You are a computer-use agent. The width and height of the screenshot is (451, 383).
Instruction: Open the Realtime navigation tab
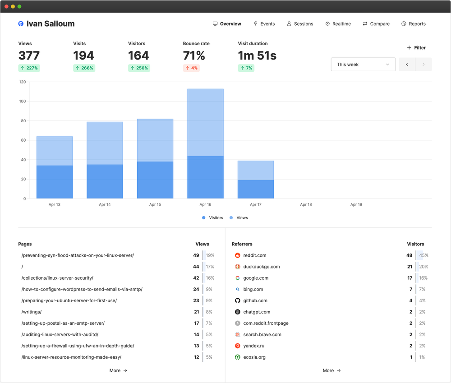(x=338, y=24)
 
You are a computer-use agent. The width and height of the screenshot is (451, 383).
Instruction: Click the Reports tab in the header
(x=414, y=24)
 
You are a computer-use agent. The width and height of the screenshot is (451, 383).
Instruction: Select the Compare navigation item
(x=376, y=24)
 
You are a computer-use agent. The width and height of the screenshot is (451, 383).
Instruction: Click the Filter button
(x=416, y=48)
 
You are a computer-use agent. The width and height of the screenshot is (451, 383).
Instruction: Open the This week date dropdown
(x=363, y=65)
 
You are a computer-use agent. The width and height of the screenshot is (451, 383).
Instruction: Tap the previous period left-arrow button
(x=407, y=65)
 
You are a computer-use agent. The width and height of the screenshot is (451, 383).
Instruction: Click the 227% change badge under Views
(x=29, y=68)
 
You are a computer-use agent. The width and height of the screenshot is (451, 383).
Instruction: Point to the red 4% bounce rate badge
(x=191, y=68)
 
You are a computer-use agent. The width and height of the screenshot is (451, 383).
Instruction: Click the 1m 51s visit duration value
(x=257, y=55)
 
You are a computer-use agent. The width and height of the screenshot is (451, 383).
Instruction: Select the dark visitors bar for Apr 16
(x=205, y=177)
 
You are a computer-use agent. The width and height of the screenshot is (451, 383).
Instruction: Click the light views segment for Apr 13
(x=55, y=151)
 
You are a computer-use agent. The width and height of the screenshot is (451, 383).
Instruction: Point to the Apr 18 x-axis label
(x=306, y=205)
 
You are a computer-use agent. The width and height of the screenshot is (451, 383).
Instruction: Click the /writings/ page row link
(x=32, y=312)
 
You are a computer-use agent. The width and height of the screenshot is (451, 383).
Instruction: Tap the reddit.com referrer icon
(x=238, y=255)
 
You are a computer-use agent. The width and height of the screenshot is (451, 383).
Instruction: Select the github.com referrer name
(x=255, y=300)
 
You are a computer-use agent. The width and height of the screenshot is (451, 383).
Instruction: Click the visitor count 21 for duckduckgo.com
(x=410, y=267)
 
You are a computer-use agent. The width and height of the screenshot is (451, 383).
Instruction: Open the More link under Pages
(x=118, y=370)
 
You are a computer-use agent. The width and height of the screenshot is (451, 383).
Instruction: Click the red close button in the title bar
(x=6, y=6)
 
